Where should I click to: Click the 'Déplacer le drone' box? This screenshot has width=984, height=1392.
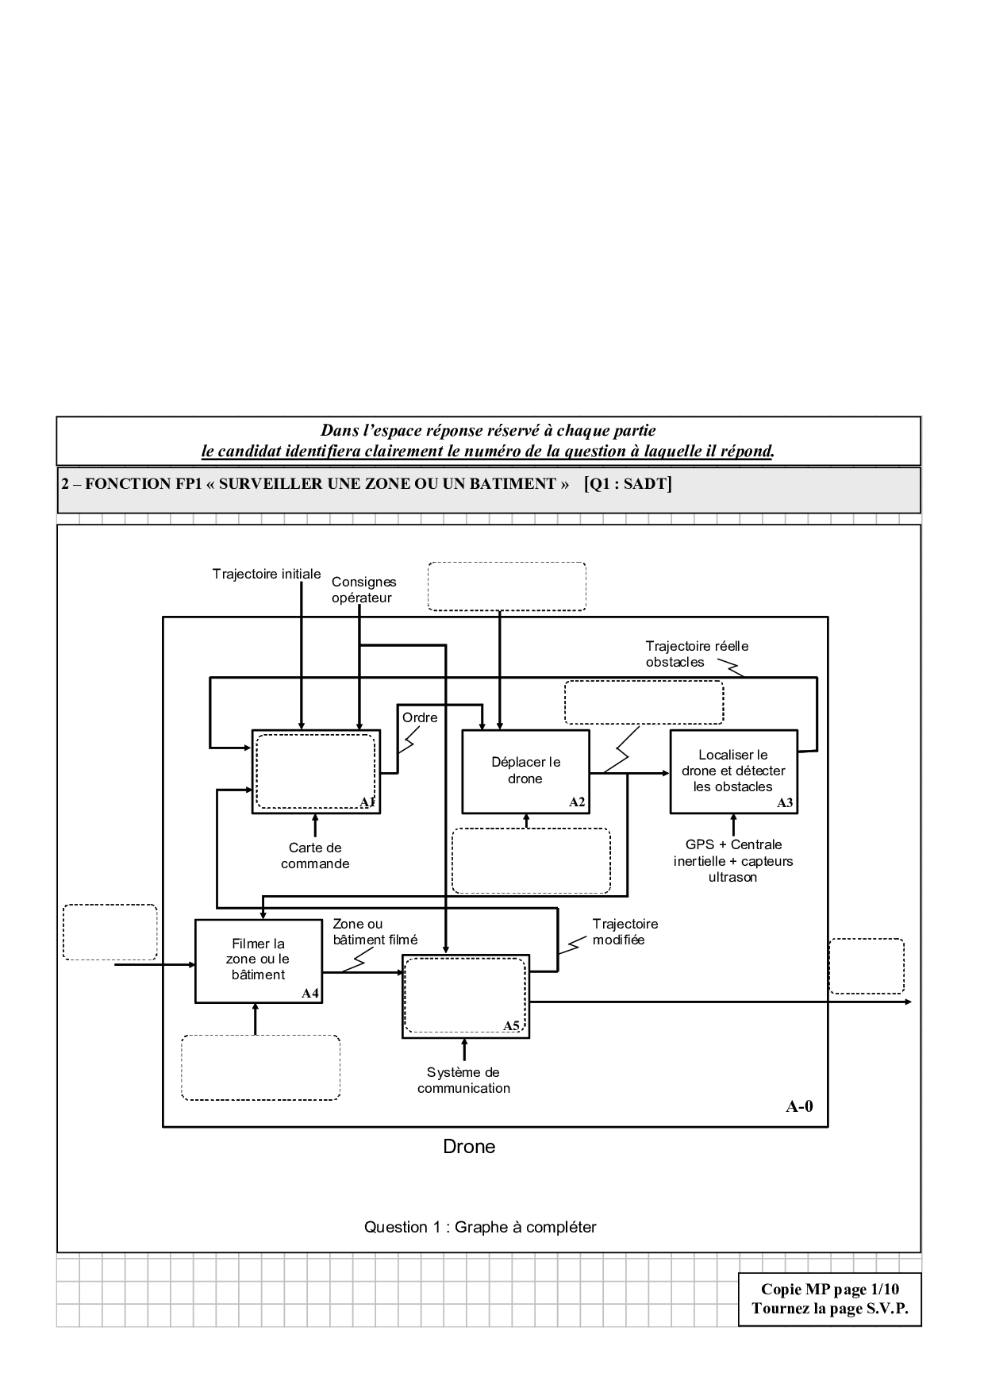525,771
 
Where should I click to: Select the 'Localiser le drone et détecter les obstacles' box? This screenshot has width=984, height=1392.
733,771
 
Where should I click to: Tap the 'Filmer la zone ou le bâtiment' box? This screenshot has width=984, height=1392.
258,959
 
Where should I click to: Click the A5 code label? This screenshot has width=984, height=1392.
512,1026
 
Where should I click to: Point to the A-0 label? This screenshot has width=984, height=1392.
799,1106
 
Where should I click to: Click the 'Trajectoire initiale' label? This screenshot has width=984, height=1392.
267,574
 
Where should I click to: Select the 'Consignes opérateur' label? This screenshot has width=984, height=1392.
363,590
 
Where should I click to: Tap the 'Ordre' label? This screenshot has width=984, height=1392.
420,717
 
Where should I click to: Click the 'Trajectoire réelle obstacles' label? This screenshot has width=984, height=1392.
697,654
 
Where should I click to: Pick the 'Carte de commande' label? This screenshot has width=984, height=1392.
315,856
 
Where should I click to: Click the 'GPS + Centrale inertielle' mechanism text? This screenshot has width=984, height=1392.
733,860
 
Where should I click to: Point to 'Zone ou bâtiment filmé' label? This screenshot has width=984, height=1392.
375,932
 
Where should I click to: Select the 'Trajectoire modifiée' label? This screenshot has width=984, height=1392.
625,932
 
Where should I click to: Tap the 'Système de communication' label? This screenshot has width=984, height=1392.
464,1080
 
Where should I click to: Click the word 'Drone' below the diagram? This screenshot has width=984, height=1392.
469,1147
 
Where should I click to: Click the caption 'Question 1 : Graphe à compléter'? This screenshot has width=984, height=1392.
480,1227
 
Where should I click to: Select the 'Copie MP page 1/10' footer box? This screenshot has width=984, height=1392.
829,1298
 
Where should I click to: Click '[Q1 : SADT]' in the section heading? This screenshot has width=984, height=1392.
628,483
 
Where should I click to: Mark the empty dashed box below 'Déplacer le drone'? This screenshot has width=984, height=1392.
531,861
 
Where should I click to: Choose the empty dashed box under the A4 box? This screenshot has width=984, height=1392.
260,1067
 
